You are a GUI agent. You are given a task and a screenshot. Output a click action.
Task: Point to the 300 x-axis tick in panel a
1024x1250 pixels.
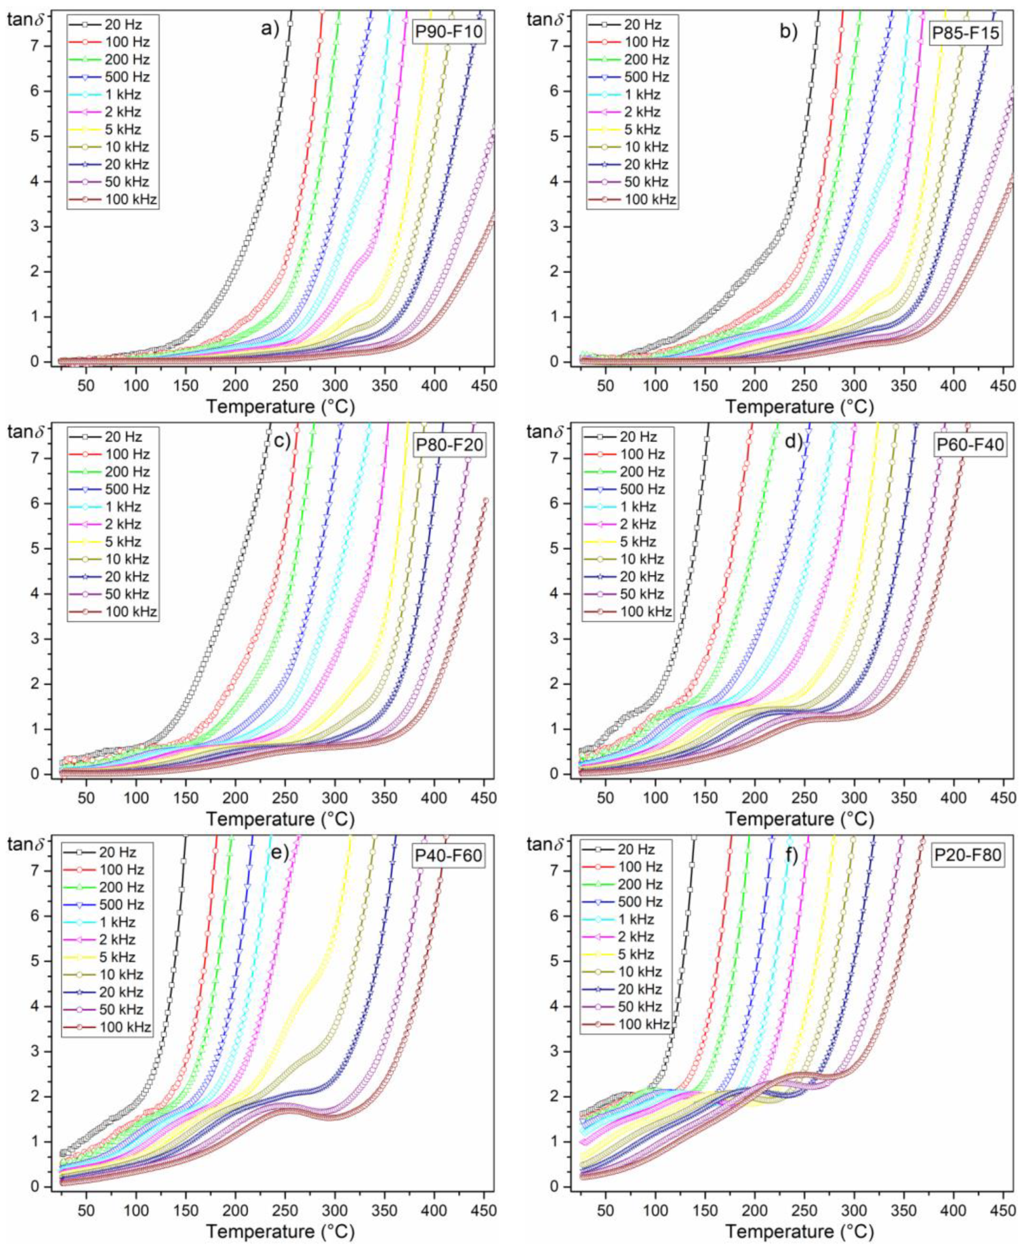335,386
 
